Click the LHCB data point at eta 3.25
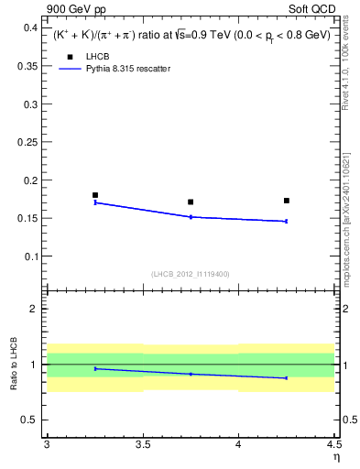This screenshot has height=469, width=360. coord(95,195)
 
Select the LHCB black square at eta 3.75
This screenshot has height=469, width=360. coord(191,202)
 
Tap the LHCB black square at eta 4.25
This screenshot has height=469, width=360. coord(287,201)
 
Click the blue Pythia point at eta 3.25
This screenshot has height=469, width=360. coord(95,202)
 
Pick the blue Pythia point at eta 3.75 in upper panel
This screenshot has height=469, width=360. coord(191,217)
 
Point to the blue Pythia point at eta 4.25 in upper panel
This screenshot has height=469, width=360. coord(287,221)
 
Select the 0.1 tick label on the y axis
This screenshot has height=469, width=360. coord(31,256)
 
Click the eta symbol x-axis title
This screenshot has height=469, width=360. coord(335,456)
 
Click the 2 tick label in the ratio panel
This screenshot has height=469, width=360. coord(35,309)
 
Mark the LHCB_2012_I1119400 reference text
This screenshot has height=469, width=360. coord(191,273)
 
